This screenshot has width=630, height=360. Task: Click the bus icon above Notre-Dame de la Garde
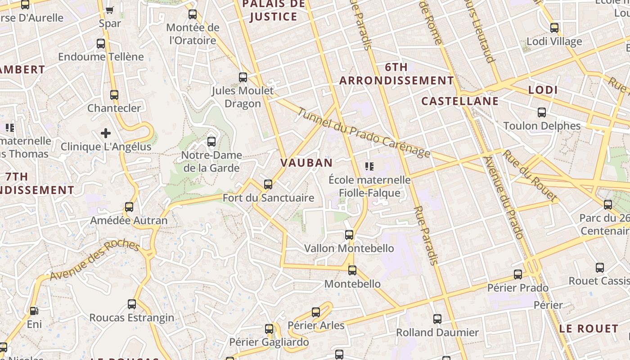tap(211, 142)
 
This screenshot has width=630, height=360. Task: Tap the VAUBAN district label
tap(306, 163)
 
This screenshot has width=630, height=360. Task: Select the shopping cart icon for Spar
tap(109, 10)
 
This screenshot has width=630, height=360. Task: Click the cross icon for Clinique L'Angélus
tap(106, 133)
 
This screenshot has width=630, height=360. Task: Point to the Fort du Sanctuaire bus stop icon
tap(268, 184)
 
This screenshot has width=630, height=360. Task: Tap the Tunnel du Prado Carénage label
tap(364, 133)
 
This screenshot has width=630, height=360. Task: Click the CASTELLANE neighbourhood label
tap(460, 101)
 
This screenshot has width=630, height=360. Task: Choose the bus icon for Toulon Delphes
tap(542, 112)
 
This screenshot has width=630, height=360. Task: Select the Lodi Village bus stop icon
tap(554, 28)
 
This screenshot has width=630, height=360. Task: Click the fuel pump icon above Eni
tap(34, 310)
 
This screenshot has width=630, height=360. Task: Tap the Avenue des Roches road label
tap(95, 260)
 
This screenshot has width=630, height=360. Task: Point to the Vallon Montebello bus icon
tap(349, 235)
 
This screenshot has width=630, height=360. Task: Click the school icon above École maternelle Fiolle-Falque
tap(369, 167)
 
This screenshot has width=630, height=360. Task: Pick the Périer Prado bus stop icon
tap(518, 274)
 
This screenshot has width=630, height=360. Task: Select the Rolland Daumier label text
tap(437, 333)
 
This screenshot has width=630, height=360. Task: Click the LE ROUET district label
tap(589, 328)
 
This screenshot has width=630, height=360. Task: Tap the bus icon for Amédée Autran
tap(129, 207)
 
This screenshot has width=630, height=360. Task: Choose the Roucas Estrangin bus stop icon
tap(132, 304)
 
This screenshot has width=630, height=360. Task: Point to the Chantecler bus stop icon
tap(114, 95)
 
